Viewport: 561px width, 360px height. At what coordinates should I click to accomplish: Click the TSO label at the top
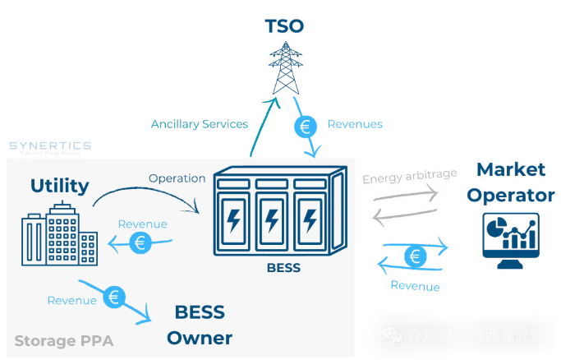pyautogui.click(x=284, y=25)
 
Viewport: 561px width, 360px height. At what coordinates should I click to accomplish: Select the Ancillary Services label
pyautogui.click(x=200, y=124)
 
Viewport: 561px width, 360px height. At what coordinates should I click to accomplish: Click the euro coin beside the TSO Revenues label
pyautogui.click(x=306, y=127)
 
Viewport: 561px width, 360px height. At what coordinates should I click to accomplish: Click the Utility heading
pyautogui.click(x=59, y=186)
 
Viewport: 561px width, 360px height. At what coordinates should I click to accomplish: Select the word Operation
pyautogui.click(x=177, y=178)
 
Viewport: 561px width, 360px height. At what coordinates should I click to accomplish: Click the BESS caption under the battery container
pyautogui.click(x=283, y=268)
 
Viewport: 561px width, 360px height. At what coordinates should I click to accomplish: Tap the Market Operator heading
pyautogui.click(x=510, y=182)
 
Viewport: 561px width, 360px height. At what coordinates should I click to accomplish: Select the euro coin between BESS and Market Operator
pyautogui.click(x=416, y=256)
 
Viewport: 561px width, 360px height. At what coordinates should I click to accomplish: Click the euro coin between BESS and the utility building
pyautogui.click(x=140, y=242)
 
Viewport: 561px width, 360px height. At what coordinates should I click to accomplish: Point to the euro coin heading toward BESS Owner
pyautogui.click(x=115, y=298)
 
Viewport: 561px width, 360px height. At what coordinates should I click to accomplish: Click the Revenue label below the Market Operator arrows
pyautogui.click(x=415, y=286)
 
